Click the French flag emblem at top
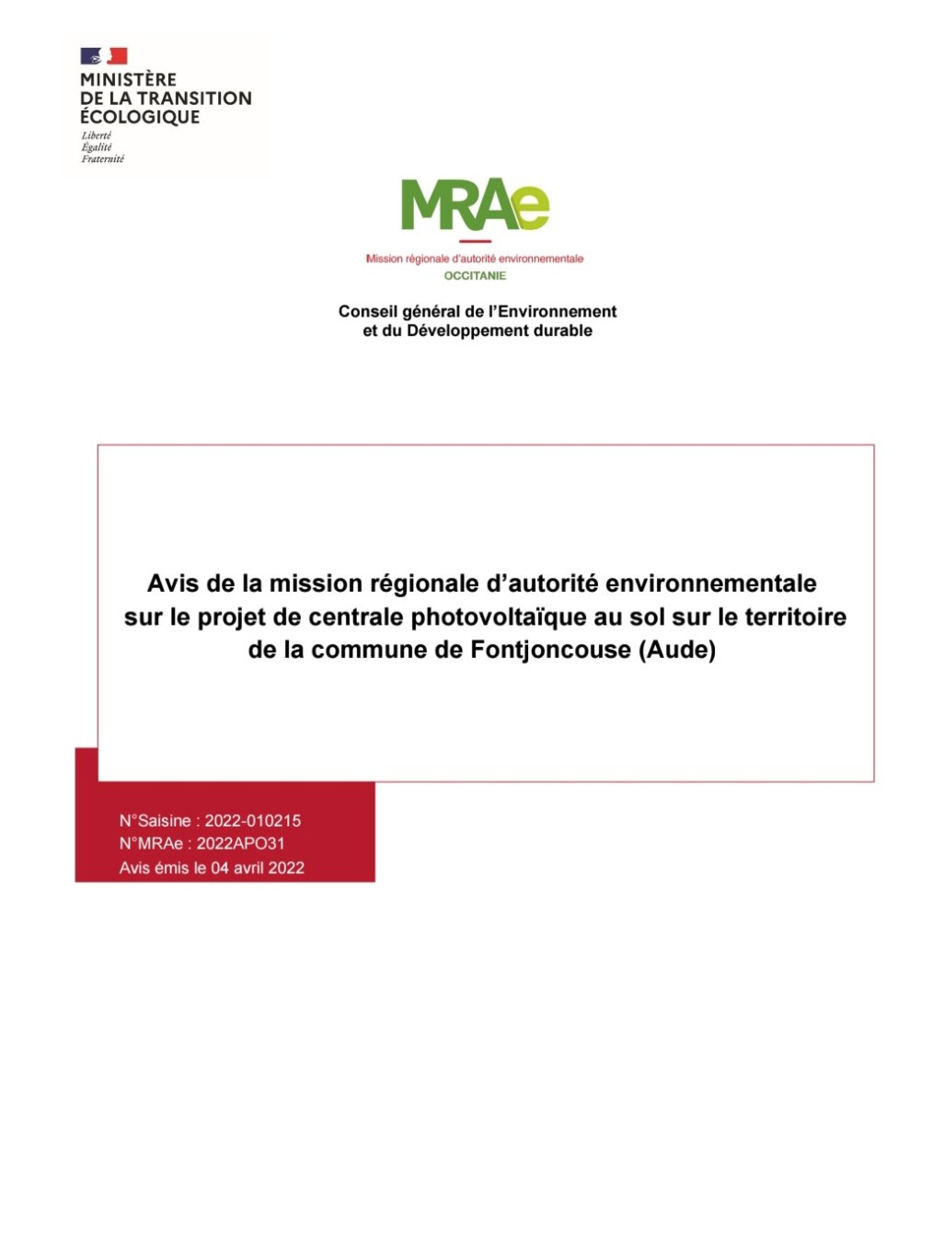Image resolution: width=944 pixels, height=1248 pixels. click(x=103, y=56)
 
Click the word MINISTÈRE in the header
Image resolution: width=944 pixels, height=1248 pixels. click(x=128, y=80)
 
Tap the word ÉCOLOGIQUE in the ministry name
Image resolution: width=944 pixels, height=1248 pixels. click(x=140, y=117)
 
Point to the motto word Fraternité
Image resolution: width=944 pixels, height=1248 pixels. click(x=102, y=159)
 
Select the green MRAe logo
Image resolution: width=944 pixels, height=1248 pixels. click(x=475, y=204)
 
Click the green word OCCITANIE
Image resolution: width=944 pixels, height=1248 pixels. click(x=475, y=275)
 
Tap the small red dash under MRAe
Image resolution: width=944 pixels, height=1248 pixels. click(x=475, y=242)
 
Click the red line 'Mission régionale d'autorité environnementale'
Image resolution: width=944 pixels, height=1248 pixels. click(x=475, y=259)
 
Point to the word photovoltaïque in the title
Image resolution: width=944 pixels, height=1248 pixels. click(x=500, y=617)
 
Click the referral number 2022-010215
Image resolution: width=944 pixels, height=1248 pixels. click(x=253, y=821)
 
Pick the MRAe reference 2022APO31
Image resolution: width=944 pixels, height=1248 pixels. click(x=241, y=843)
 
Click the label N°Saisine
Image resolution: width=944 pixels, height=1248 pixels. click(x=155, y=821)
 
